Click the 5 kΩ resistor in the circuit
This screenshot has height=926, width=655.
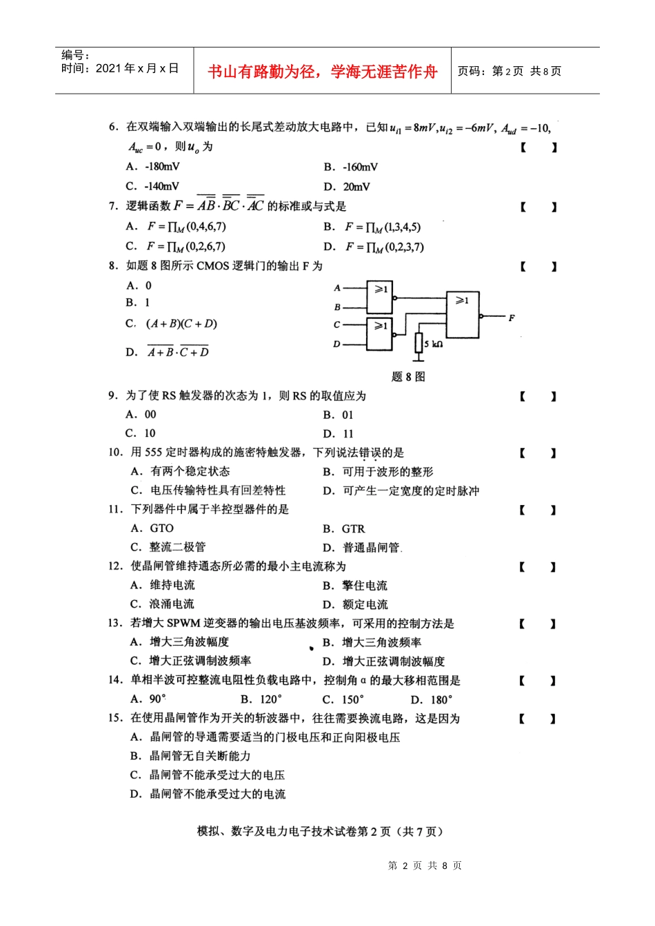(419, 342)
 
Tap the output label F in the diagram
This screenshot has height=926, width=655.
(512, 318)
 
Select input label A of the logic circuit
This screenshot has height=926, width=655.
(337, 288)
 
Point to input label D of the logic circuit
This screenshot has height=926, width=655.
(336, 343)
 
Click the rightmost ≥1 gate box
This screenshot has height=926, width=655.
(463, 314)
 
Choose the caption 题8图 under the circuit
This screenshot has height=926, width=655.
(408, 377)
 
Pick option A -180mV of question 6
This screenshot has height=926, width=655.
(153, 167)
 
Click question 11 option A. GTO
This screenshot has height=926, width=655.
(152, 528)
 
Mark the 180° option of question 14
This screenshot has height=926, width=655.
(432, 699)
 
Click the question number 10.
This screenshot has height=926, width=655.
(115, 453)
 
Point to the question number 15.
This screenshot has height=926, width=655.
(115, 718)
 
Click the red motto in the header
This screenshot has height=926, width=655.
(322, 72)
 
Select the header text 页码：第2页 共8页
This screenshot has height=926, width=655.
(510, 71)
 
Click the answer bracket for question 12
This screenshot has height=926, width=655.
(538, 567)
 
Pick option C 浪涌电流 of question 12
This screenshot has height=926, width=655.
(162, 604)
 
